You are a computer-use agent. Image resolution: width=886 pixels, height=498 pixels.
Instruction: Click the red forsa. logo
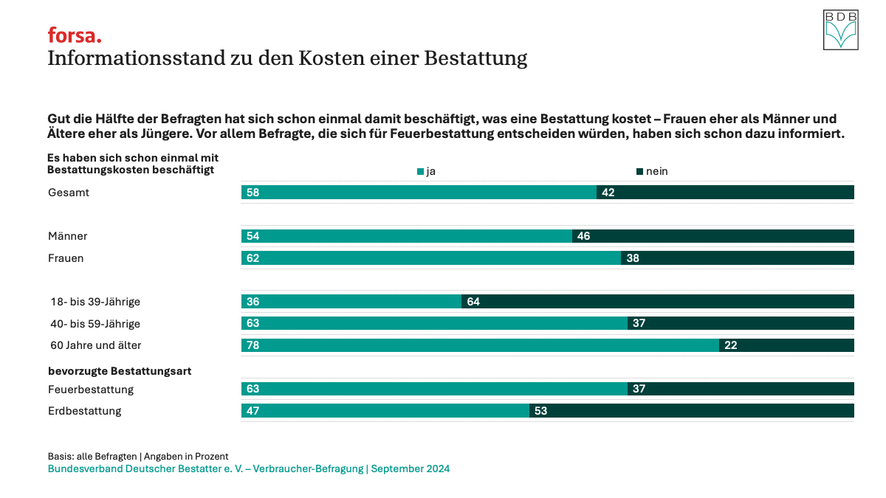click(75, 35)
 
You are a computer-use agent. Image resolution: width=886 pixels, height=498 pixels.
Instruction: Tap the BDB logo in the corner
click(841, 30)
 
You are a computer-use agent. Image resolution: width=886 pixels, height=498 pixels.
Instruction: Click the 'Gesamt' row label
click(68, 193)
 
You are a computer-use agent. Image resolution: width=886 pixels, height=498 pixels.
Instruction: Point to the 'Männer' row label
click(68, 236)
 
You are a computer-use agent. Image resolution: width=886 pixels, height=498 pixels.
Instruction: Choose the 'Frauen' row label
click(66, 258)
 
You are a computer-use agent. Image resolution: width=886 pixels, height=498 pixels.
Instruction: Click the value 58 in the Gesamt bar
click(253, 193)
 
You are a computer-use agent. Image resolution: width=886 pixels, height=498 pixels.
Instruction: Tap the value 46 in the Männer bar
click(583, 236)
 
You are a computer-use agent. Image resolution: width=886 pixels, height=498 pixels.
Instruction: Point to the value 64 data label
click(473, 302)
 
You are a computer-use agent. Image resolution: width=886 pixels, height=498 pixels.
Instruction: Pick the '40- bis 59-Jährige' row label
click(95, 323)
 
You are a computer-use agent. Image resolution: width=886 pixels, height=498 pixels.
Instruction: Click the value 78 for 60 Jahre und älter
click(253, 345)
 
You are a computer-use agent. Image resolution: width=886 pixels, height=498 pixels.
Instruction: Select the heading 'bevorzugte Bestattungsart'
click(120, 371)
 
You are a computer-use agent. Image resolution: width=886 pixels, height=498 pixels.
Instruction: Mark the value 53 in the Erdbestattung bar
click(540, 411)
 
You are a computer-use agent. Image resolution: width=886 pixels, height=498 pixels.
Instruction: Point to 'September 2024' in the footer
click(411, 468)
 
